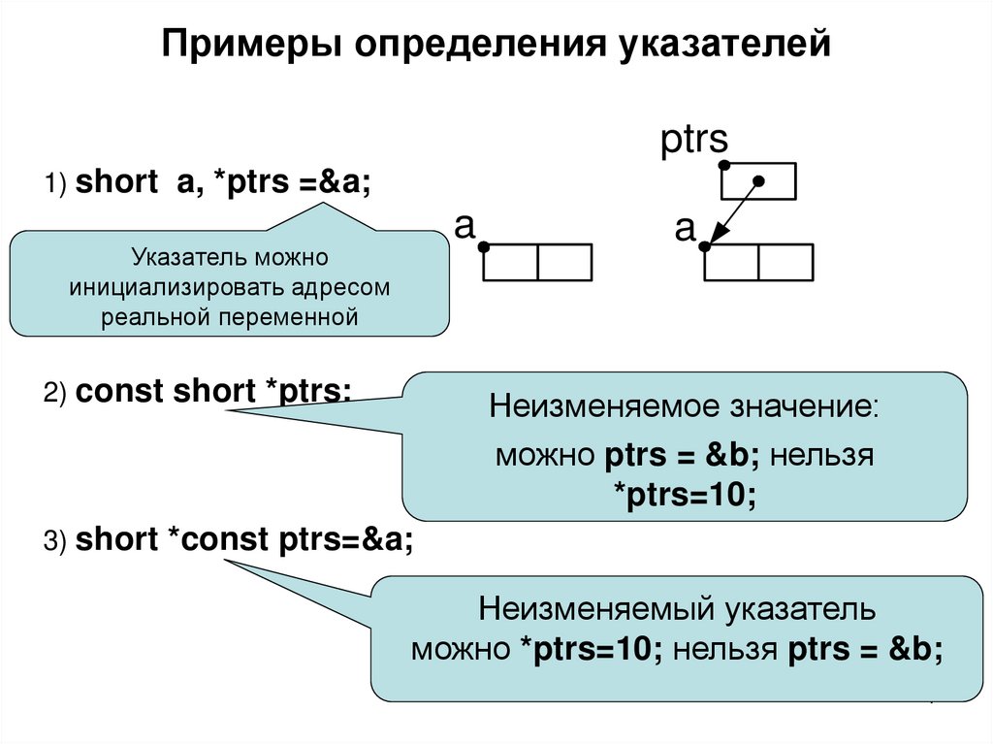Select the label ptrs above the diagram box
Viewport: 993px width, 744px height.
point(694,141)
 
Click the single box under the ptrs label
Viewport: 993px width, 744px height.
point(759,181)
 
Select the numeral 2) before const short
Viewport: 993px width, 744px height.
point(53,394)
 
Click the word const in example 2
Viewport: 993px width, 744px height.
point(120,392)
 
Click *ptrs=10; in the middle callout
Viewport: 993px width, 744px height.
point(685,494)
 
